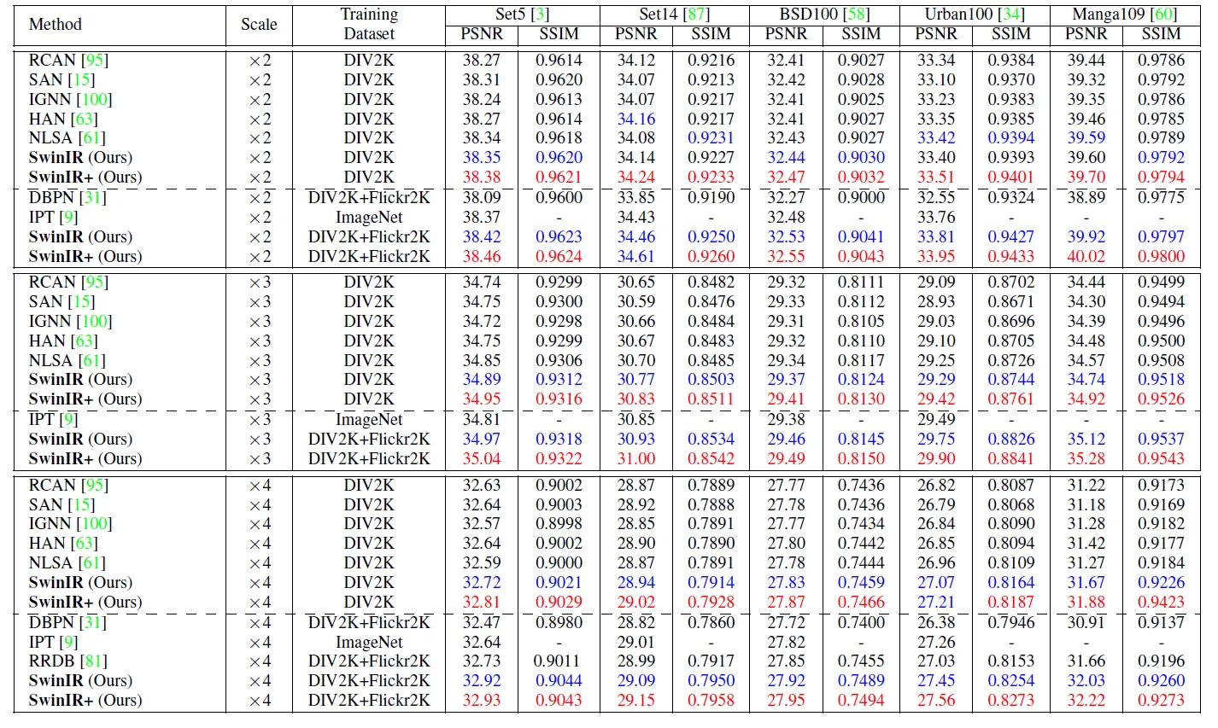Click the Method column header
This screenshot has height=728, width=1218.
point(55,25)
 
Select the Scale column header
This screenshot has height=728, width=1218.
point(259,25)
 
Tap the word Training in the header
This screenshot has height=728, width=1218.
point(369,15)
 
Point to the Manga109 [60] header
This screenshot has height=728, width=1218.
point(1125,15)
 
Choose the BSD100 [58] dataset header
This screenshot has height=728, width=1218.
point(824,15)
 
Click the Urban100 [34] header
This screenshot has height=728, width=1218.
point(975,15)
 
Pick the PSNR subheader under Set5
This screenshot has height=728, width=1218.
point(482,34)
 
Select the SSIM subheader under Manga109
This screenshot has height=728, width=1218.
point(1161,34)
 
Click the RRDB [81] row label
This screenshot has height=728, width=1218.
point(68,661)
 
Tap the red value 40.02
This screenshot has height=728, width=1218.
point(1086,256)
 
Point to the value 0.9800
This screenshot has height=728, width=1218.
point(1161,256)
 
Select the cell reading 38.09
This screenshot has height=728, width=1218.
point(482,197)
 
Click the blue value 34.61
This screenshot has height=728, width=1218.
point(635,256)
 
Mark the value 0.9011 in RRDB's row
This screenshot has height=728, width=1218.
point(559,661)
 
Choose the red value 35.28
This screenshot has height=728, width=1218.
point(1086,458)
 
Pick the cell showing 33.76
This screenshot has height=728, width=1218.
point(936,218)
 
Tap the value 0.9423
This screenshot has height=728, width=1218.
point(1161,602)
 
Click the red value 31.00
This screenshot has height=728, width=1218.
point(635,458)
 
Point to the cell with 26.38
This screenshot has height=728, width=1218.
point(936,622)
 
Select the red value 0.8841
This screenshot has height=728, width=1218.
point(1010,458)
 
